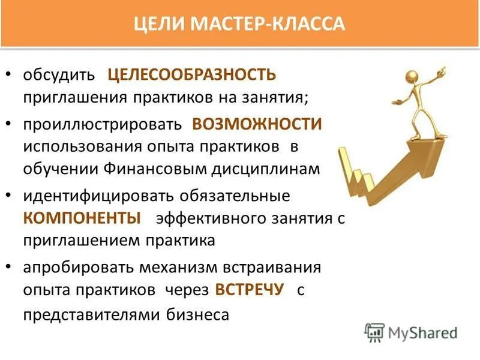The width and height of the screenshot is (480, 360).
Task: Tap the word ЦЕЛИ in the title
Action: click(160, 25)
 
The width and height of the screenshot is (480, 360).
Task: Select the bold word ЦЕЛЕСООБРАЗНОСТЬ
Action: click(191, 76)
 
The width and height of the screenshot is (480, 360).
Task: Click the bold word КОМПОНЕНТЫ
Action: click(82, 218)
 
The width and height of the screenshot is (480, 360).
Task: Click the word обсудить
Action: click(59, 76)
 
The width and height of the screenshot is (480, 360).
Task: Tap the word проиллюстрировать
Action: click(102, 125)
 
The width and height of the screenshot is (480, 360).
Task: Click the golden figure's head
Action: click(412, 77)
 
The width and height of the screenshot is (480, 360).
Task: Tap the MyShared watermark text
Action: click(423, 332)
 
